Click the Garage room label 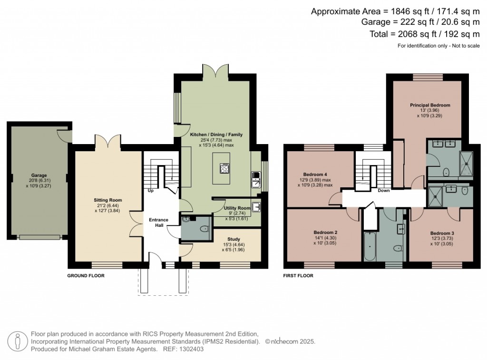[33, 175]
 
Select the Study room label [234, 239]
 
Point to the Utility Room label [237, 208]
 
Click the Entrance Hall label [158, 222]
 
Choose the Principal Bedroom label [430, 105]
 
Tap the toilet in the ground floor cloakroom [204, 229]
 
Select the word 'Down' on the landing [383, 191]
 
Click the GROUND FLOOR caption [86, 275]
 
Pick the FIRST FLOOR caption [298, 275]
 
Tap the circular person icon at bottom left [19, 341]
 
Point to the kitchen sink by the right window [255, 181]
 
